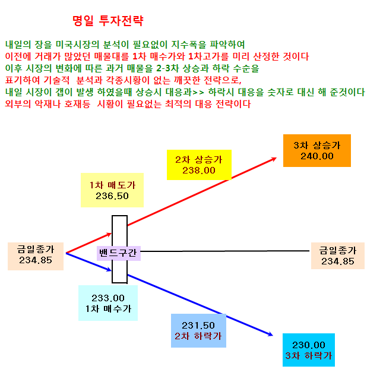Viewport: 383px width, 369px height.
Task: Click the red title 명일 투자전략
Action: click(x=108, y=21)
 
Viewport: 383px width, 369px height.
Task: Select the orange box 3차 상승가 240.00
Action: click(x=317, y=150)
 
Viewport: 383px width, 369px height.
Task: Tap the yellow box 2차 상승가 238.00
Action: click(x=199, y=165)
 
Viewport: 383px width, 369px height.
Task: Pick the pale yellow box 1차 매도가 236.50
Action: click(x=112, y=190)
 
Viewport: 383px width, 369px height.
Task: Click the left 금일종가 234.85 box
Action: click(x=36, y=256)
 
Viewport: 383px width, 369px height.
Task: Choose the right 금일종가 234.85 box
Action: click(x=337, y=256)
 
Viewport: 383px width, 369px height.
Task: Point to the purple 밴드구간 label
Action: click(x=119, y=253)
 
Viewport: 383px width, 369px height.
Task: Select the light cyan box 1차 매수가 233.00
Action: click(x=108, y=303)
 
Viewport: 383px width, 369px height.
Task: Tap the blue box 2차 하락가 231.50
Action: click(x=198, y=330)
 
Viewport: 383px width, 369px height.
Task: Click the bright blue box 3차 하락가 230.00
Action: click(x=309, y=350)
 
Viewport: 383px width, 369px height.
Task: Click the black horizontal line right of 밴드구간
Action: click(x=225, y=251)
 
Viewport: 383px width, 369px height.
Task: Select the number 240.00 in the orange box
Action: click(x=317, y=156)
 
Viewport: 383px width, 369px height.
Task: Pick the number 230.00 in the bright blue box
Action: click(x=309, y=345)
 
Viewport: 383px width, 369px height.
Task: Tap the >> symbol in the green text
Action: click(x=198, y=93)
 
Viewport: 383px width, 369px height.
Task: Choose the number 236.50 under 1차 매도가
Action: click(x=112, y=196)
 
